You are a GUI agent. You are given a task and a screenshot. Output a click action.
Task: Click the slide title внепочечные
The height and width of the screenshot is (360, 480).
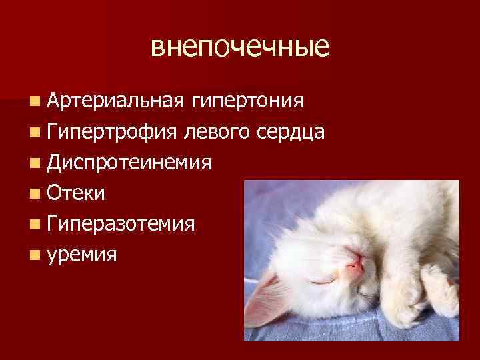click(x=240, y=47)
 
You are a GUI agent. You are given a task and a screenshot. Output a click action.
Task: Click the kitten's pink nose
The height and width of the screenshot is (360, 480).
click(x=355, y=265)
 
